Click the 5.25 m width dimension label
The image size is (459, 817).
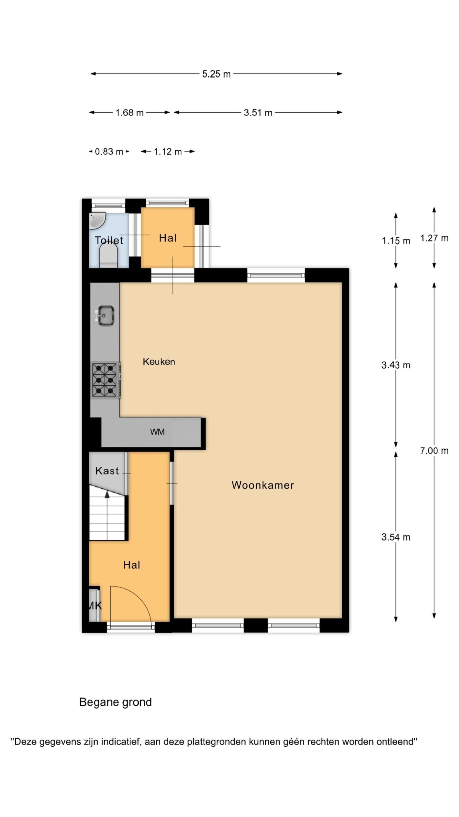coord(216,74)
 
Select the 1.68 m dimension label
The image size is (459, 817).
coord(129,113)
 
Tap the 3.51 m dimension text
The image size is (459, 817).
coord(258,113)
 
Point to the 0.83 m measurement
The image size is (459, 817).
coord(109,152)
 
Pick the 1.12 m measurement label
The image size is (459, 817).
coord(168,152)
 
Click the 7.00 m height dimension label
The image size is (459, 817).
coord(434,451)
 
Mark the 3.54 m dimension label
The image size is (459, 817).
coord(396,537)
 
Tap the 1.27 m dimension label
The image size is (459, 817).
coord(434,238)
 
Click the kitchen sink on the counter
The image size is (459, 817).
coord(105,316)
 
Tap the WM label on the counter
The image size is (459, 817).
coord(157,432)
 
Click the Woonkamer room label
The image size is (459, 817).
coord(263,485)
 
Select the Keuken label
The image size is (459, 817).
coord(159,362)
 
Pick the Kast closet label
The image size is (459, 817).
coord(107,471)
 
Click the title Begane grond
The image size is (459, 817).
coord(115,702)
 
